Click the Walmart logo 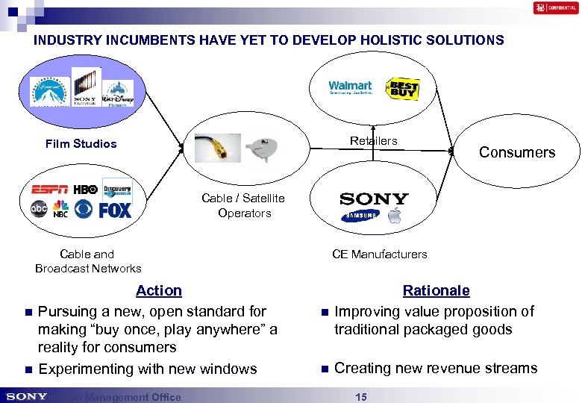pos(350,88)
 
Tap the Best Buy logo pos(402,90)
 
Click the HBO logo pos(85,190)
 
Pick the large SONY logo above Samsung pos(374,199)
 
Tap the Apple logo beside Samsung pos(393,216)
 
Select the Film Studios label pos(81,144)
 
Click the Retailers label pos(374,141)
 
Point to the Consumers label pos(517,152)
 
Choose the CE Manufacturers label pos(380,254)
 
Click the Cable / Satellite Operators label pos(243,205)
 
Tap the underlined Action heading pos(158,290)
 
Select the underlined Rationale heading pos(436,290)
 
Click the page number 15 pos(360,397)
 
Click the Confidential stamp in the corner pos(555,8)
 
